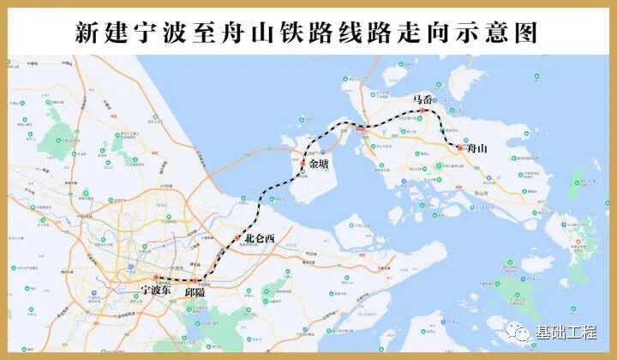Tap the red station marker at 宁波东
(x=156, y=278)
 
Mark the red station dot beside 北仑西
(x=237, y=237)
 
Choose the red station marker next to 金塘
(x=303, y=163)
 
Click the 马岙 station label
(x=422, y=99)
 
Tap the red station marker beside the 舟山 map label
(x=459, y=148)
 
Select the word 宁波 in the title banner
(x=161, y=33)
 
